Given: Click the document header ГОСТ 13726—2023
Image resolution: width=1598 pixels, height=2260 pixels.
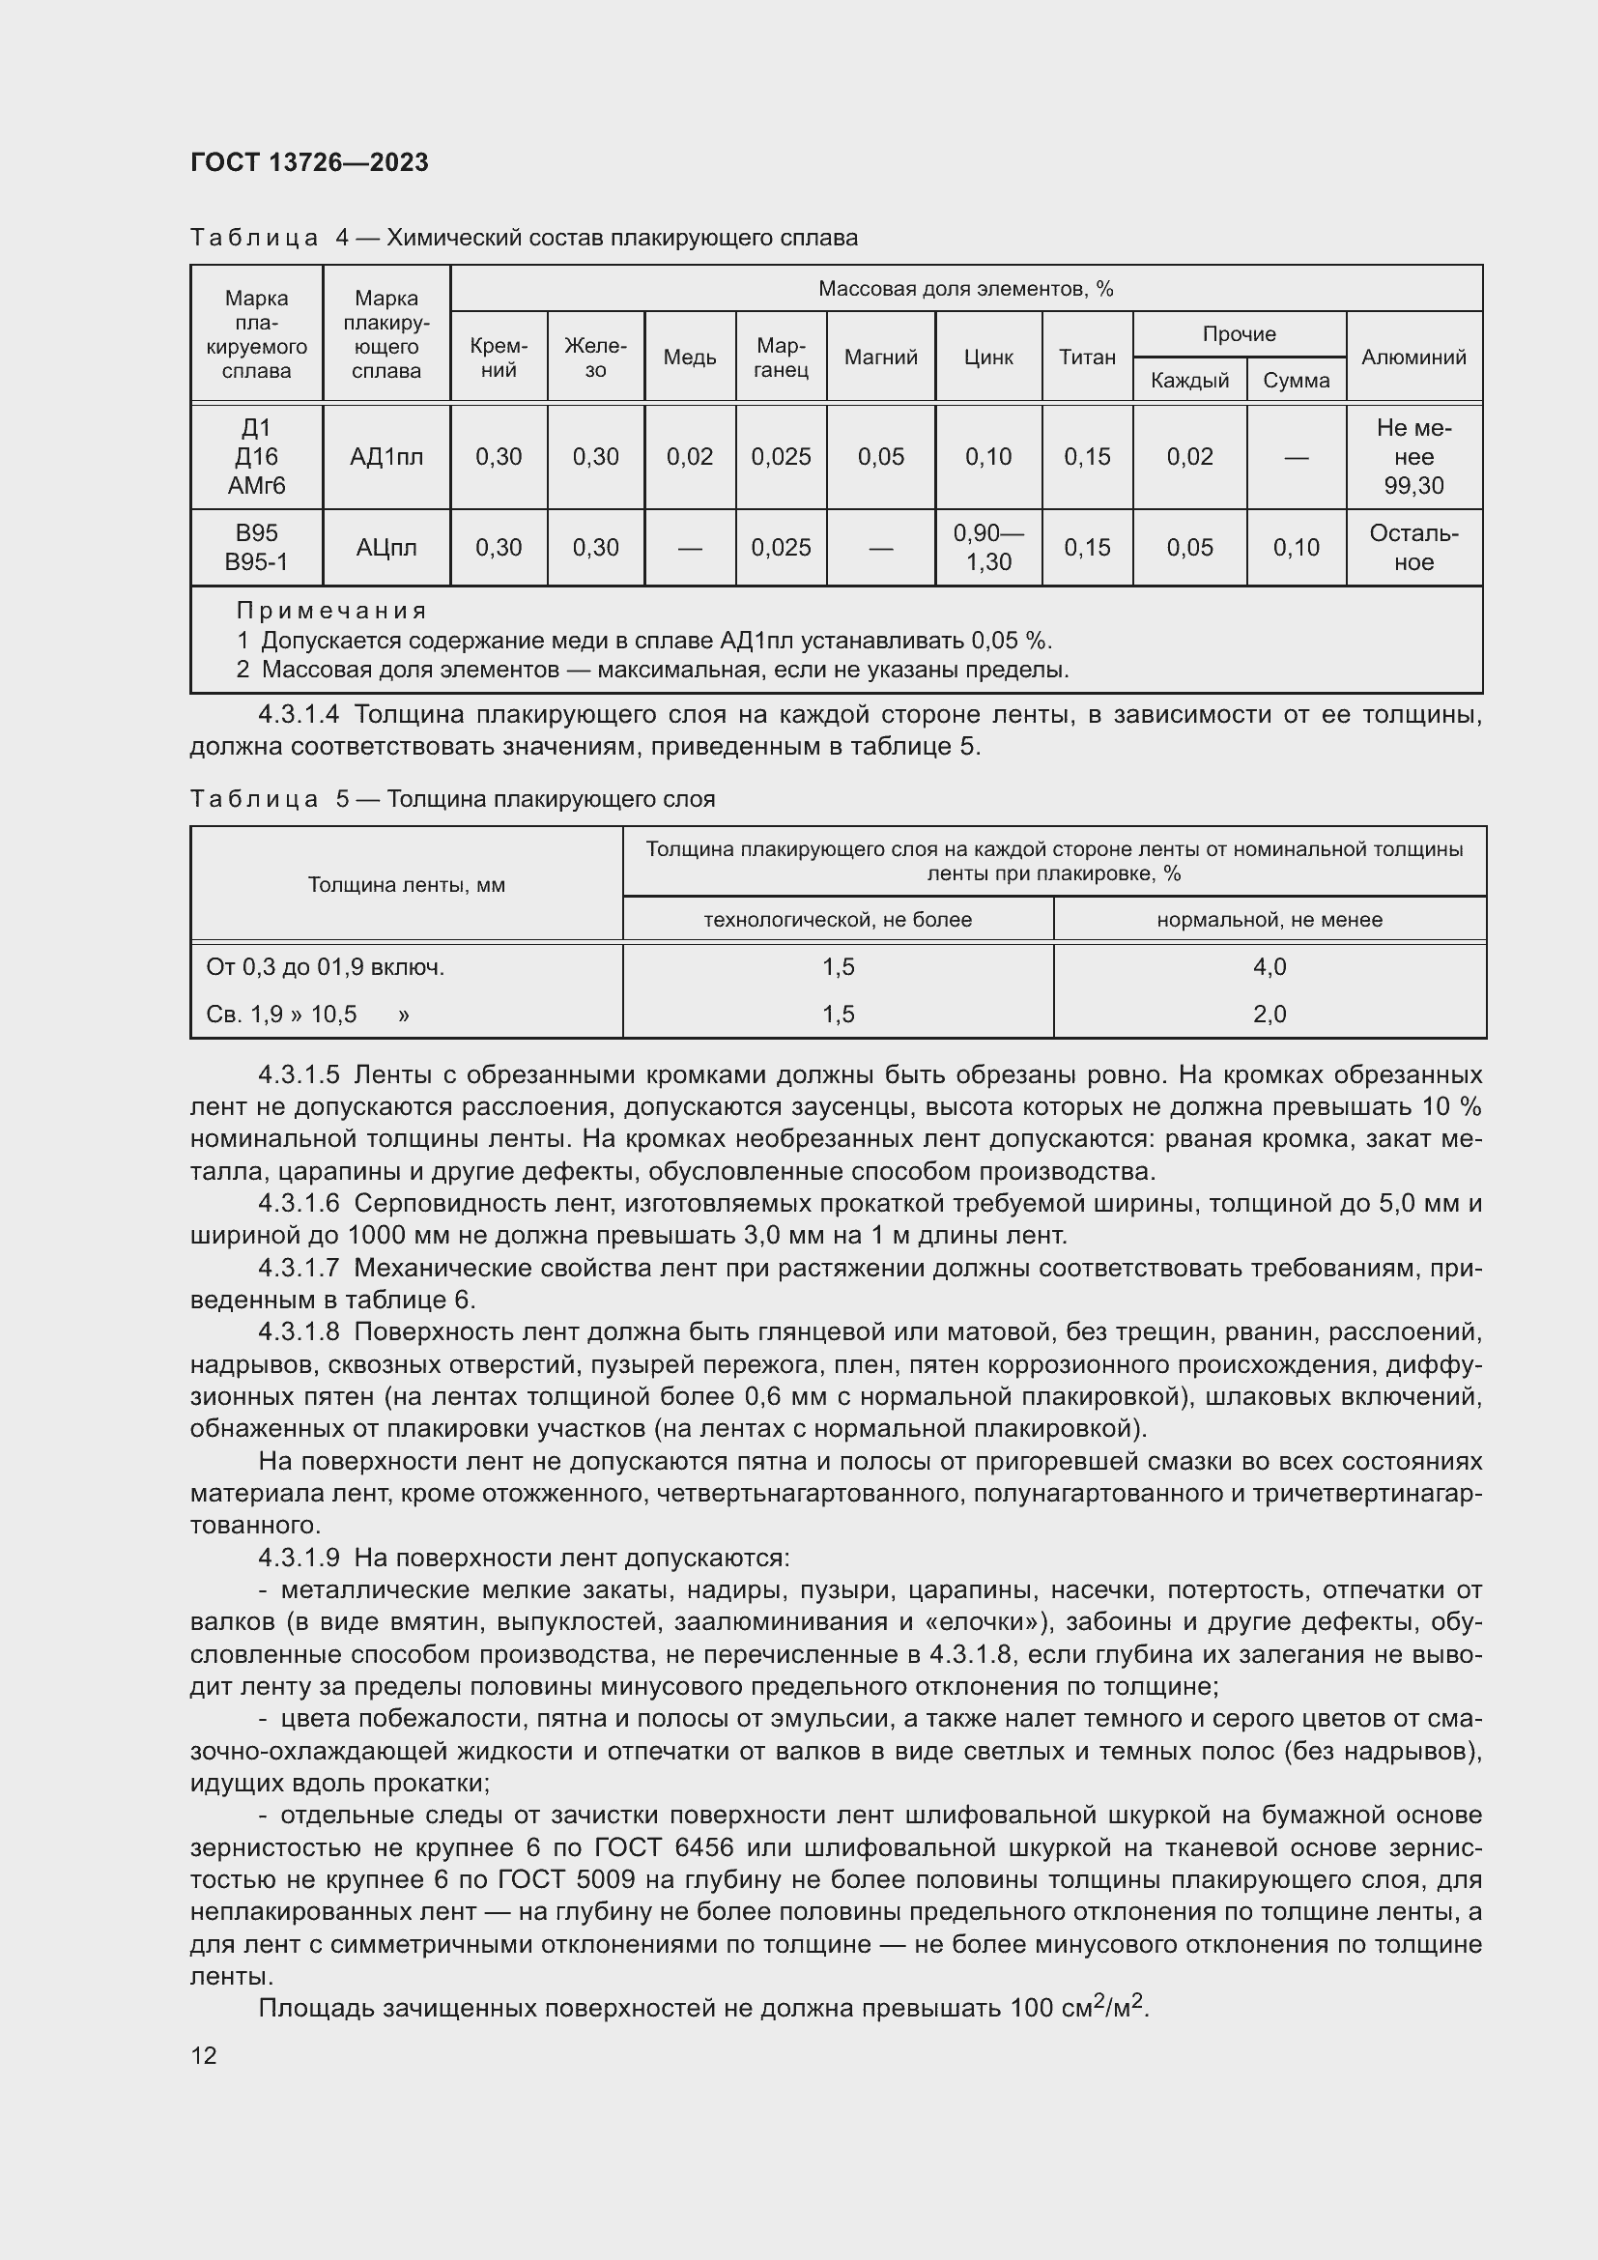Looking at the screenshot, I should [x=309, y=162].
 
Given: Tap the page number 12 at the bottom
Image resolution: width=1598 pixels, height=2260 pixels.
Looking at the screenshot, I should [x=204, y=2055].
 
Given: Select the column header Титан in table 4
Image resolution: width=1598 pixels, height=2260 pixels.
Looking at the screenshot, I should [x=1086, y=358].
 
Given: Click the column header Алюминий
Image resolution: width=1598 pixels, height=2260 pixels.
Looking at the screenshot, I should [x=1413, y=358].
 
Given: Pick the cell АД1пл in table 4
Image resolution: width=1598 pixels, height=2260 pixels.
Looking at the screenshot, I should [x=385, y=457].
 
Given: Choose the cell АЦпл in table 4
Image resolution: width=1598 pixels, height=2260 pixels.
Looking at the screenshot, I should [x=385, y=547].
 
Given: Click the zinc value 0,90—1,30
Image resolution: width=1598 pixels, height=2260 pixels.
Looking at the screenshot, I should [x=988, y=547].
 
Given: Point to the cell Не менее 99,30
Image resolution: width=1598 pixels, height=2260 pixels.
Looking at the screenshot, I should [x=1413, y=457].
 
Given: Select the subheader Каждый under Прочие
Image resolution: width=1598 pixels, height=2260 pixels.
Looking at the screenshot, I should [x=1188, y=380].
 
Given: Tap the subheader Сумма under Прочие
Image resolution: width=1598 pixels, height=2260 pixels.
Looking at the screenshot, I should [x=1296, y=380].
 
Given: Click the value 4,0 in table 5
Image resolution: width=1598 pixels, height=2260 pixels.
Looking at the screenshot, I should [x=1270, y=966].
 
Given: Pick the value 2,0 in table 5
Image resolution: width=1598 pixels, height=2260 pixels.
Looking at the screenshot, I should [x=1270, y=1014].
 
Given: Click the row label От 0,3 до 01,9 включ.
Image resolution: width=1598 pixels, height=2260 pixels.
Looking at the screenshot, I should [x=325, y=966].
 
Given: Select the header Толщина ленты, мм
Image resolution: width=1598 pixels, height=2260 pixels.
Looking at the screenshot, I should [x=406, y=884].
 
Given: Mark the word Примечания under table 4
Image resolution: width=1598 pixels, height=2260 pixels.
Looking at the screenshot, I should [x=331, y=611].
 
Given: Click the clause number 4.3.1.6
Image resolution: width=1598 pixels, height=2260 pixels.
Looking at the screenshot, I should [x=299, y=1203].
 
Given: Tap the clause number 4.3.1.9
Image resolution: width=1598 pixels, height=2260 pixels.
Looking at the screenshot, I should [x=299, y=1558].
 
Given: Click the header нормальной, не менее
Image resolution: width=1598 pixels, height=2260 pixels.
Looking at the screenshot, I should [x=1270, y=919].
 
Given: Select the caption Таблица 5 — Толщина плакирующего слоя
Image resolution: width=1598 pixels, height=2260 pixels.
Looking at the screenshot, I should [x=452, y=798].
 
